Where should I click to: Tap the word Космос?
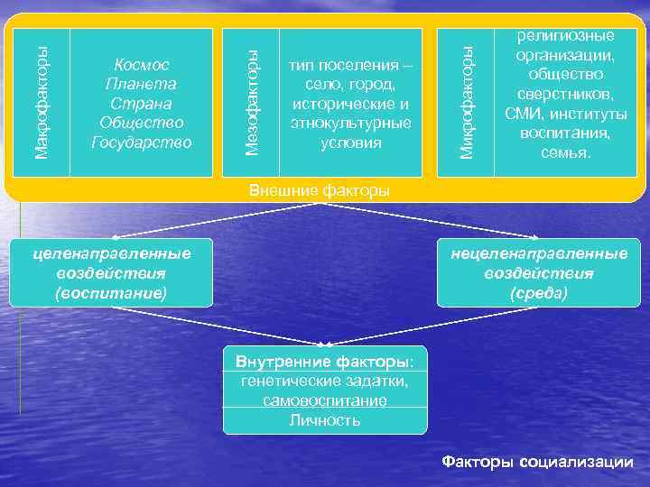click(x=142, y=65)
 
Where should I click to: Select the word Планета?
click(x=142, y=84)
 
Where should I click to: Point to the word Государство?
click(x=142, y=142)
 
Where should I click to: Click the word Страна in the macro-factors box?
click(x=142, y=103)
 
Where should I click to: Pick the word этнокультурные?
click(x=351, y=123)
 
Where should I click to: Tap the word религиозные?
click(x=565, y=36)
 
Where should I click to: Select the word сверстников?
click(x=565, y=94)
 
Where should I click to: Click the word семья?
click(x=566, y=152)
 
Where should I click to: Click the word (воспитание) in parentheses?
click(x=111, y=292)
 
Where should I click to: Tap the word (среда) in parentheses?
click(x=538, y=292)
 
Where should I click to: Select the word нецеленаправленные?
click(x=539, y=254)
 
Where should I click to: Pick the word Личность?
click(x=325, y=420)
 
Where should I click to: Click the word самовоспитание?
click(x=325, y=400)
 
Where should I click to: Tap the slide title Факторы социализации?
click(x=537, y=461)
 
